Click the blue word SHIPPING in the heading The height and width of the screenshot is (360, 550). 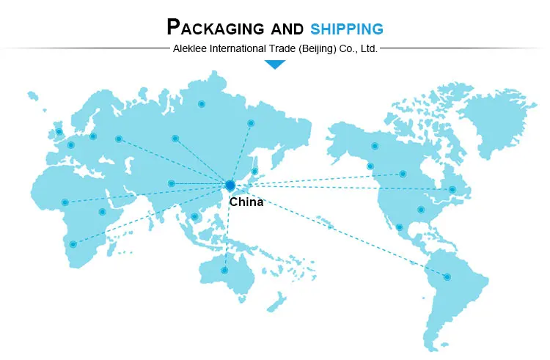click(x=346, y=29)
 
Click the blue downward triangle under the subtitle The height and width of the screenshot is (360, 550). click(x=275, y=65)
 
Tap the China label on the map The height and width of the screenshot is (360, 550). click(x=246, y=202)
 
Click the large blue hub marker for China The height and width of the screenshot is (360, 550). click(x=230, y=185)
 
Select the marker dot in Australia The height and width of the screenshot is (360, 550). click(x=224, y=270)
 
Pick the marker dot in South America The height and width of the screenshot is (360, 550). click(x=447, y=276)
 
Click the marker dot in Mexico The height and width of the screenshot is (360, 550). click(x=399, y=227)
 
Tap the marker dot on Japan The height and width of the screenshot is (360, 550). click(x=255, y=172)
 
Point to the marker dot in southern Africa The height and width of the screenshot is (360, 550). click(x=73, y=244)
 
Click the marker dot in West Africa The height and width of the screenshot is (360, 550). click(x=65, y=202)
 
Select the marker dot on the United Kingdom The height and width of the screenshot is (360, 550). click(x=59, y=132)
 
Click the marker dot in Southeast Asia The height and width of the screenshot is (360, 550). click(x=194, y=216)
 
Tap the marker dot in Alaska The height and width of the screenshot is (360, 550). click(x=375, y=146)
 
